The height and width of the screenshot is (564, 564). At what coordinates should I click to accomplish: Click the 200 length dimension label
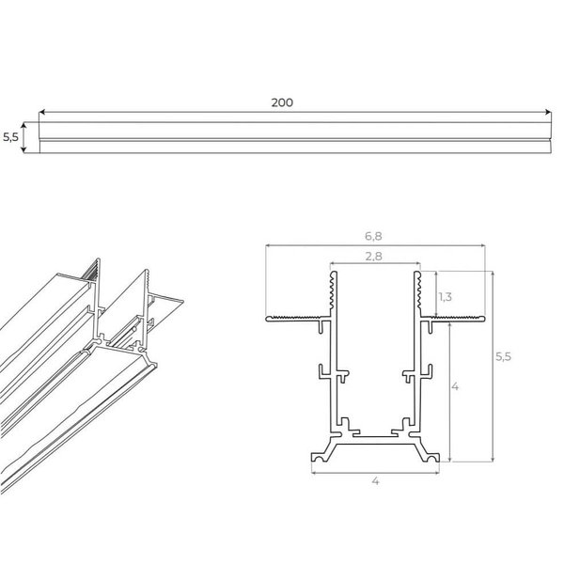point(281,102)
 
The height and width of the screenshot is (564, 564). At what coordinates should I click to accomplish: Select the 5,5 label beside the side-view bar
point(10,136)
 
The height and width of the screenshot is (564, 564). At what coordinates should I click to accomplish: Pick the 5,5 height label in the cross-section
point(504,357)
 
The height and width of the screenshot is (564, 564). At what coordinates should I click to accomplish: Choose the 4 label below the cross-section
point(375,481)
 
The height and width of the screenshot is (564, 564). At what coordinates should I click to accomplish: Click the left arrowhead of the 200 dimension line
point(43,114)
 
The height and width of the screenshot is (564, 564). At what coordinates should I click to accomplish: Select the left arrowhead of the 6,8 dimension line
point(269,244)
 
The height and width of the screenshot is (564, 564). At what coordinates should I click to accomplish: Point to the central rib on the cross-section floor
point(375,437)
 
